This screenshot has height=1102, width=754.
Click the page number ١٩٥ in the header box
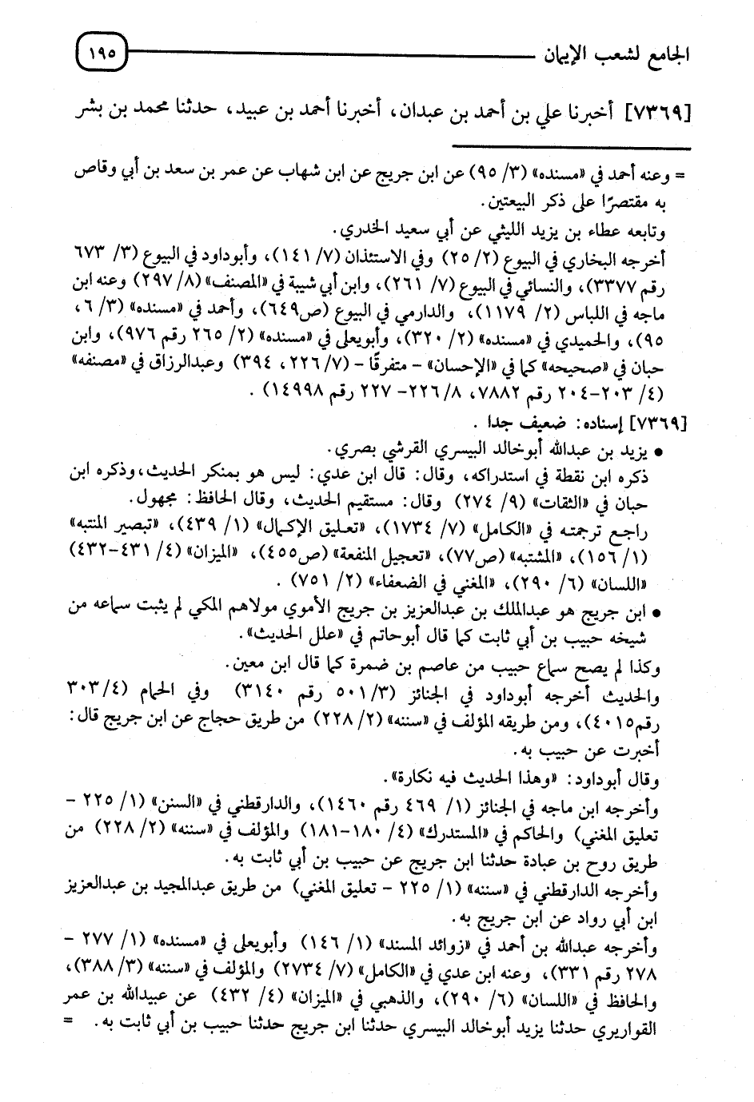pyautogui.click(x=102, y=56)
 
